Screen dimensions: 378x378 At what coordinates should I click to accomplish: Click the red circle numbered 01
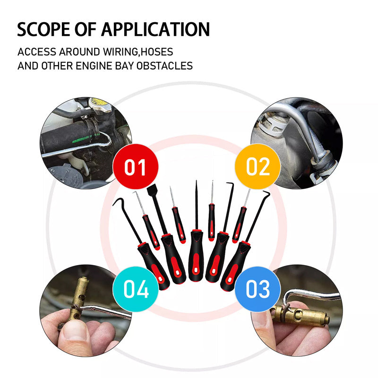(136, 167)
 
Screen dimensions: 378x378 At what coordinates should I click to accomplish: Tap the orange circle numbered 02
(258, 167)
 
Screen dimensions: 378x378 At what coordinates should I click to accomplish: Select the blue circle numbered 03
(258, 289)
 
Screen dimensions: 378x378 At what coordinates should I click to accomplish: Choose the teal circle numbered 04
(136, 289)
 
